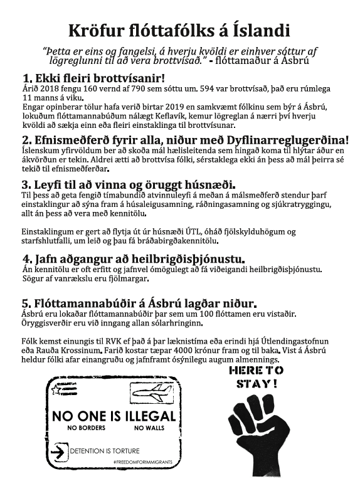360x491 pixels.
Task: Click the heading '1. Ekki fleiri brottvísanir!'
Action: [93, 78]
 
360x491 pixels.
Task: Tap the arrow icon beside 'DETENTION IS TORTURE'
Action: [61, 450]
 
